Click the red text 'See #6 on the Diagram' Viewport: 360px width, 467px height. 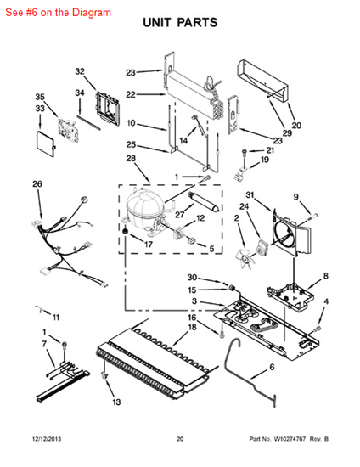(x=58, y=13)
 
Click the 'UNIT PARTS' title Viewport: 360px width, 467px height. (x=180, y=23)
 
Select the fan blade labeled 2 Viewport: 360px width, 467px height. (x=245, y=260)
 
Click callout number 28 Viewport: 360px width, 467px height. (x=131, y=158)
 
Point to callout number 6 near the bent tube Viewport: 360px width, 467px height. (x=272, y=367)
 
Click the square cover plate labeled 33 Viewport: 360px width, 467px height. (x=46, y=143)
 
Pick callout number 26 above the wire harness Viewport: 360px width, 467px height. (x=37, y=183)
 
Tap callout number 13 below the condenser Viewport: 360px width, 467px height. (x=116, y=402)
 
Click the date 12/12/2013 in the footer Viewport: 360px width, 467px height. (x=47, y=439)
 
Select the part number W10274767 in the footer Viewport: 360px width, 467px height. (x=290, y=439)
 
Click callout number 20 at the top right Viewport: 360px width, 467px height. (x=296, y=126)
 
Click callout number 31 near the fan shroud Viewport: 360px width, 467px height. (x=250, y=194)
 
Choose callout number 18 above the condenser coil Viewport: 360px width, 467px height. (x=193, y=327)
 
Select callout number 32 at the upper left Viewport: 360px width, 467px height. (x=80, y=71)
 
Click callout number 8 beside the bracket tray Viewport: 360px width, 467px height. (x=326, y=276)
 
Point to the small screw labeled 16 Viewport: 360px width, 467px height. (x=222, y=334)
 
